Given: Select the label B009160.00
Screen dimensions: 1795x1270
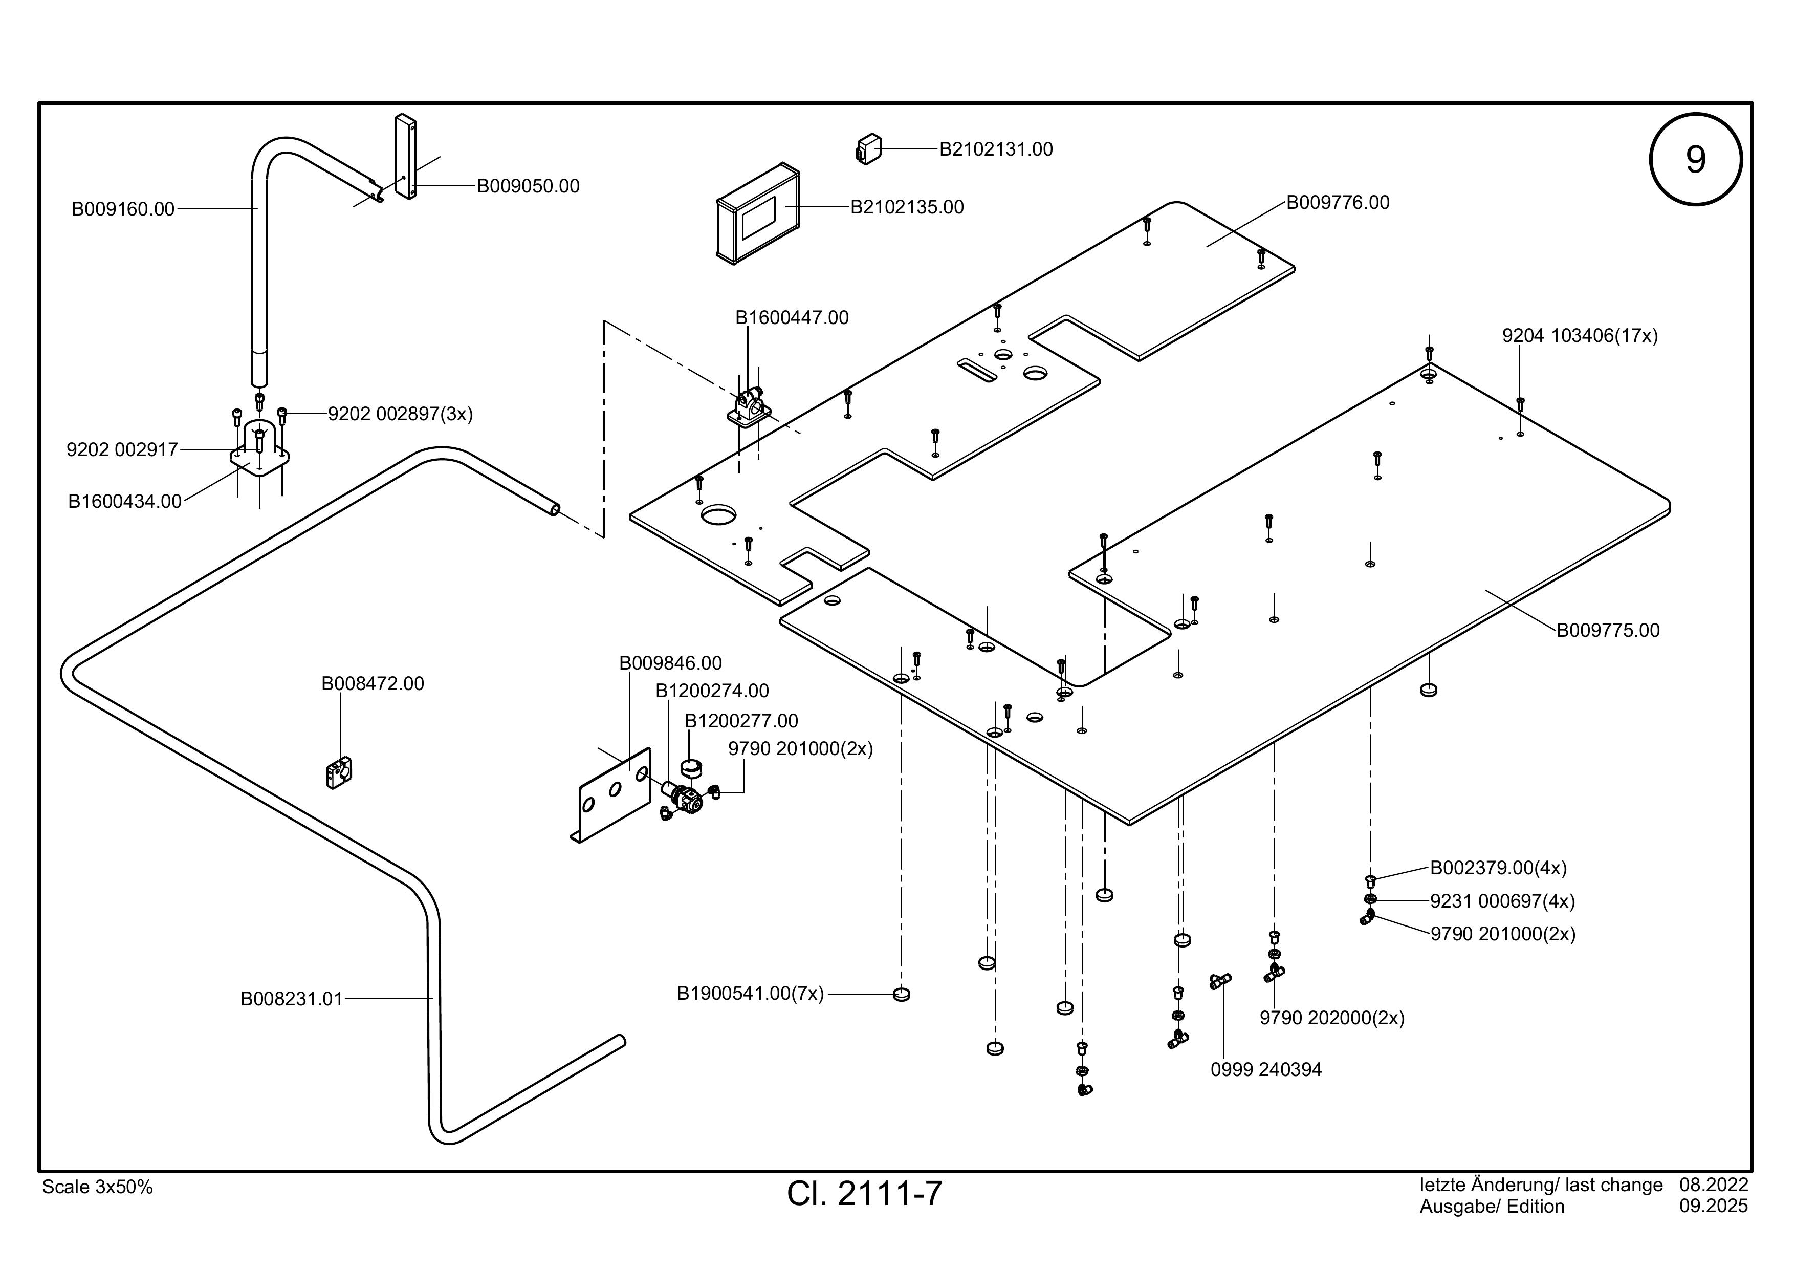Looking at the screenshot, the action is tap(123, 209).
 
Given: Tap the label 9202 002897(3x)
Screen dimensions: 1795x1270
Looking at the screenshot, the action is tap(400, 414).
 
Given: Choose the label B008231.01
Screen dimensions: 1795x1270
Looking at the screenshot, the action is tap(292, 999).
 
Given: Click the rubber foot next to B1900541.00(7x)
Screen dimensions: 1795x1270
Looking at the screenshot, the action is tap(902, 995).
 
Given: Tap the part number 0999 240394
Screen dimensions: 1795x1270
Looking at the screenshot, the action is tap(1266, 1070).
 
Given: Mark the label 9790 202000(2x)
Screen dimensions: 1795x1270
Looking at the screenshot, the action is tap(1332, 1018).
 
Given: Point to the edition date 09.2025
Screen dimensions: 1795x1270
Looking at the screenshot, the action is tap(1713, 1207).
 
